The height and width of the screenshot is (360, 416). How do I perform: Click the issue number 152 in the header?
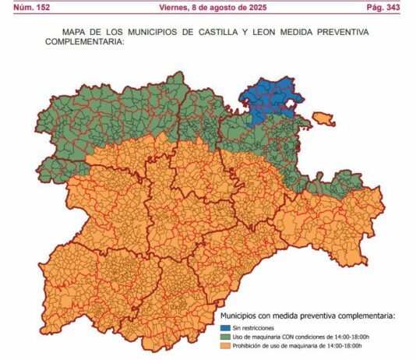46,7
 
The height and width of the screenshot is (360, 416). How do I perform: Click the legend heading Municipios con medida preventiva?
307,316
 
